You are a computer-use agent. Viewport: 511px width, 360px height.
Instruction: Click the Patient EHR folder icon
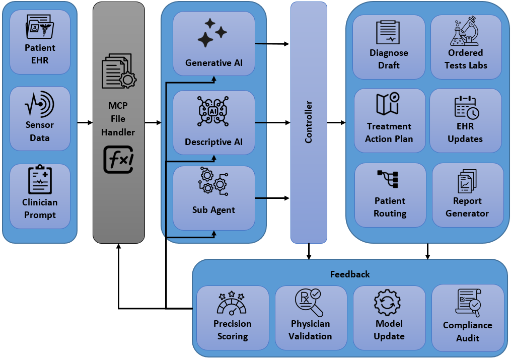tap(40, 27)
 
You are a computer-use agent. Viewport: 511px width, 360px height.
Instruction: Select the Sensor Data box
tap(40, 118)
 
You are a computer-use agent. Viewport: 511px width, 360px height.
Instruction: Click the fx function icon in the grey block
tap(119, 159)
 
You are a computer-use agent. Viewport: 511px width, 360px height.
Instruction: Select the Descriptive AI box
tap(213, 122)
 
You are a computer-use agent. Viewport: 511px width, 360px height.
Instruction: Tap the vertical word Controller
tap(309, 122)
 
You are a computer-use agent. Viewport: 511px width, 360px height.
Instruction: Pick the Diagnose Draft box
tap(389, 47)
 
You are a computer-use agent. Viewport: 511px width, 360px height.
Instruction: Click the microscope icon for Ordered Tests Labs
tap(465, 31)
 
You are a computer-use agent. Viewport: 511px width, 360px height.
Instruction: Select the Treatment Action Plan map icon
tap(388, 104)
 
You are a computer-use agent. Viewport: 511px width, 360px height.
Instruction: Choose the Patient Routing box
tap(390, 195)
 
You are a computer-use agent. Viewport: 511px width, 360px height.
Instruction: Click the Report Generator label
tap(467, 207)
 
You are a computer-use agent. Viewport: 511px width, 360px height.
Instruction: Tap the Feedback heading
tap(350, 274)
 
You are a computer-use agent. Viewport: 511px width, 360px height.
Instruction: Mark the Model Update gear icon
tap(388, 304)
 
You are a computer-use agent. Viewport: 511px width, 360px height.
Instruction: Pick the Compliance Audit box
tap(468, 318)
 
